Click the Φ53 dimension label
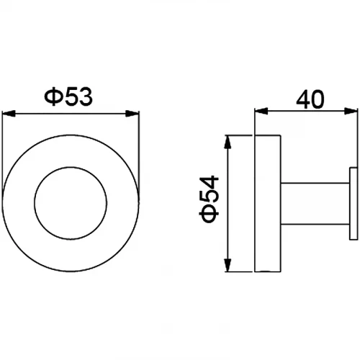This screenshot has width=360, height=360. point(68,96)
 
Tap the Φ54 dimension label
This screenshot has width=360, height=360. point(209,199)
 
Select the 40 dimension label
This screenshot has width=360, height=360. point(310,99)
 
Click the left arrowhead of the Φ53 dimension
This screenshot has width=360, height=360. point(9,114)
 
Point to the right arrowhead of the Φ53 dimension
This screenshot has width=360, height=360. point(132,114)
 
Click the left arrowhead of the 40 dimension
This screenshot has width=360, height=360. point(261,112)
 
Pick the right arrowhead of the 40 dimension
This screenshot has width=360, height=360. point(351,112)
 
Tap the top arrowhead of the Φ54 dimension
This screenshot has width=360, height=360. point(228,142)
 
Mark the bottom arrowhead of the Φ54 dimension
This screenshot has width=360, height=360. point(228,265)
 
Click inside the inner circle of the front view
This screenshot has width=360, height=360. point(71,203)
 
